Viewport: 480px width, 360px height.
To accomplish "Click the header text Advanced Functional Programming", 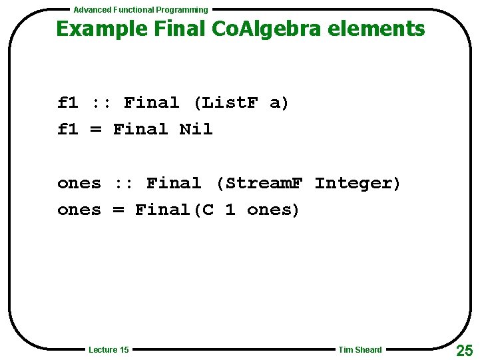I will (x=140, y=10).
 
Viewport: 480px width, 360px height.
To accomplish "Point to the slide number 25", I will (x=465, y=350).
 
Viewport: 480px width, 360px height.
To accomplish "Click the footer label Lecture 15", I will (x=109, y=350).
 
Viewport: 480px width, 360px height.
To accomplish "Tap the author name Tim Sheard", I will (x=360, y=350).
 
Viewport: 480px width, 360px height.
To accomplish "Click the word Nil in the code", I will (x=196, y=129).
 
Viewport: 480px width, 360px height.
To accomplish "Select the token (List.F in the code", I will (x=224, y=103).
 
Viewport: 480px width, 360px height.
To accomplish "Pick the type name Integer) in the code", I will (x=358, y=183).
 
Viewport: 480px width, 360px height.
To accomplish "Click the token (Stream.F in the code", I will (x=258, y=183).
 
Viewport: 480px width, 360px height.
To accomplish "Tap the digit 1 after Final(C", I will (x=230, y=210).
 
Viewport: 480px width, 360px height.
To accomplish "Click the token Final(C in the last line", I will (x=174, y=210).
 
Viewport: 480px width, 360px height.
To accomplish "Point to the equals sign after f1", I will (x=96, y=129).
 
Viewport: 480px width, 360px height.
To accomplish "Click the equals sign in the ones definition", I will (x=119, y=210).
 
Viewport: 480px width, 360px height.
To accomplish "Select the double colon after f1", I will (x=101, y=103).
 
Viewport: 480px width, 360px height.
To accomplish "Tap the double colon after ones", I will (x=124, y=183).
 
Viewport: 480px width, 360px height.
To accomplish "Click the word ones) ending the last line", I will (x=274, y=210).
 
